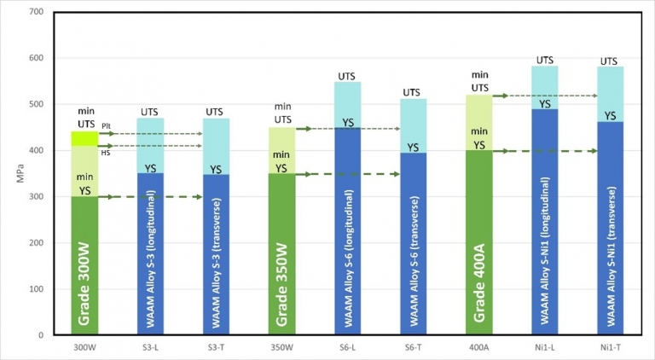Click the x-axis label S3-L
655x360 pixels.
coord(150,348)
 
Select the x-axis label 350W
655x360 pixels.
coord(281,348)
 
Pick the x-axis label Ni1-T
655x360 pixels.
coord(610,348)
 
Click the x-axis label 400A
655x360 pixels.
coord(478,348)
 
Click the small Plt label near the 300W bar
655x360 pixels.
coord(106,125)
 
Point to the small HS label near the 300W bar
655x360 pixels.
coord(106,153)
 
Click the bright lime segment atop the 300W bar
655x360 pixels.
coord(84,138)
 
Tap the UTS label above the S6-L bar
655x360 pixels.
coord(347,76)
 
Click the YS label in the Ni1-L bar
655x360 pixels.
coord(544,102)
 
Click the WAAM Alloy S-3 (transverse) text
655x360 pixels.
coord(217,256)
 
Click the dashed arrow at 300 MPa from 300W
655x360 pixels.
coord(150,197)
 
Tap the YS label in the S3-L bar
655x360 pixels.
coord(150,168)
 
